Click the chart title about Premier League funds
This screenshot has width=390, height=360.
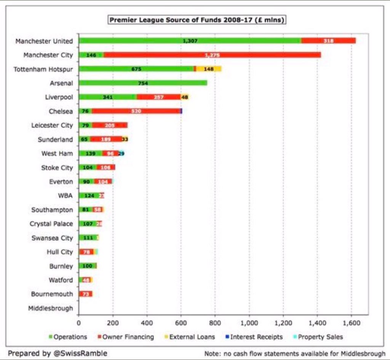coord(197,20)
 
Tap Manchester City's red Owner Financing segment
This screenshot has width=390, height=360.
coord(212,55)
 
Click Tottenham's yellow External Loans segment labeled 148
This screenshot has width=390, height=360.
coord(209,69)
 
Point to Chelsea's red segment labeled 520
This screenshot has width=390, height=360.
coord(136,111)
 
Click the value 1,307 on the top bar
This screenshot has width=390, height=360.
coord(190,41)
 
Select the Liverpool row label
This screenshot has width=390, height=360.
coord(59,97)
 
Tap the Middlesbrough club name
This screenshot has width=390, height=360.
coord(50,308)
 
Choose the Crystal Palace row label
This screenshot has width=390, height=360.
coord(51,224)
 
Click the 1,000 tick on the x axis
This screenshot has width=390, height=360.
coord(249,323)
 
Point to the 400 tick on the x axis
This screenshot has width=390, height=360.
coord(147,323)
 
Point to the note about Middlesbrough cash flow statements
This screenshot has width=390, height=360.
coord(295,353)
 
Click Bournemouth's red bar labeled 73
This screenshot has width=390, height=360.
coord(85,294)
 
